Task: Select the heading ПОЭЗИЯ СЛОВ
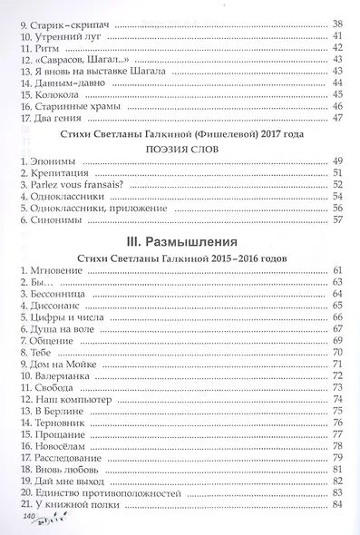click(x=184, y=152)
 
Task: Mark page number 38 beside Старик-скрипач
click(x=338, y=23)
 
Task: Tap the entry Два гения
click(x=56, y=118)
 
